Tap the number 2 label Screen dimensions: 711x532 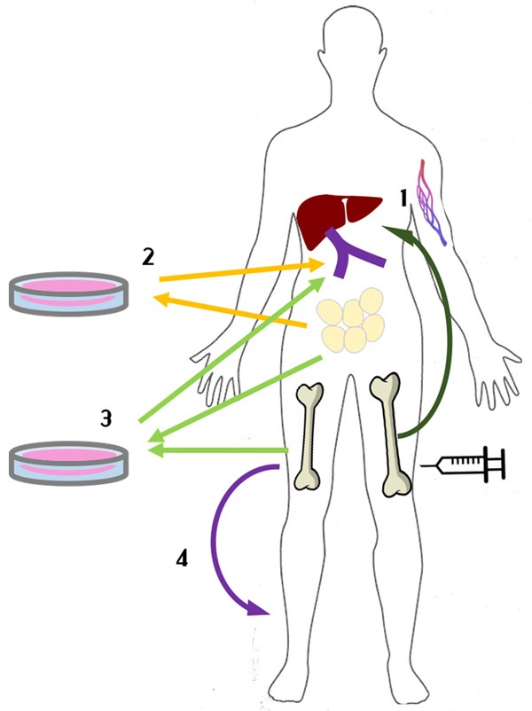click(149, 256)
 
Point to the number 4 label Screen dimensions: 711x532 click(182, 559)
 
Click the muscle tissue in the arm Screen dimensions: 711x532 click(433, 199)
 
